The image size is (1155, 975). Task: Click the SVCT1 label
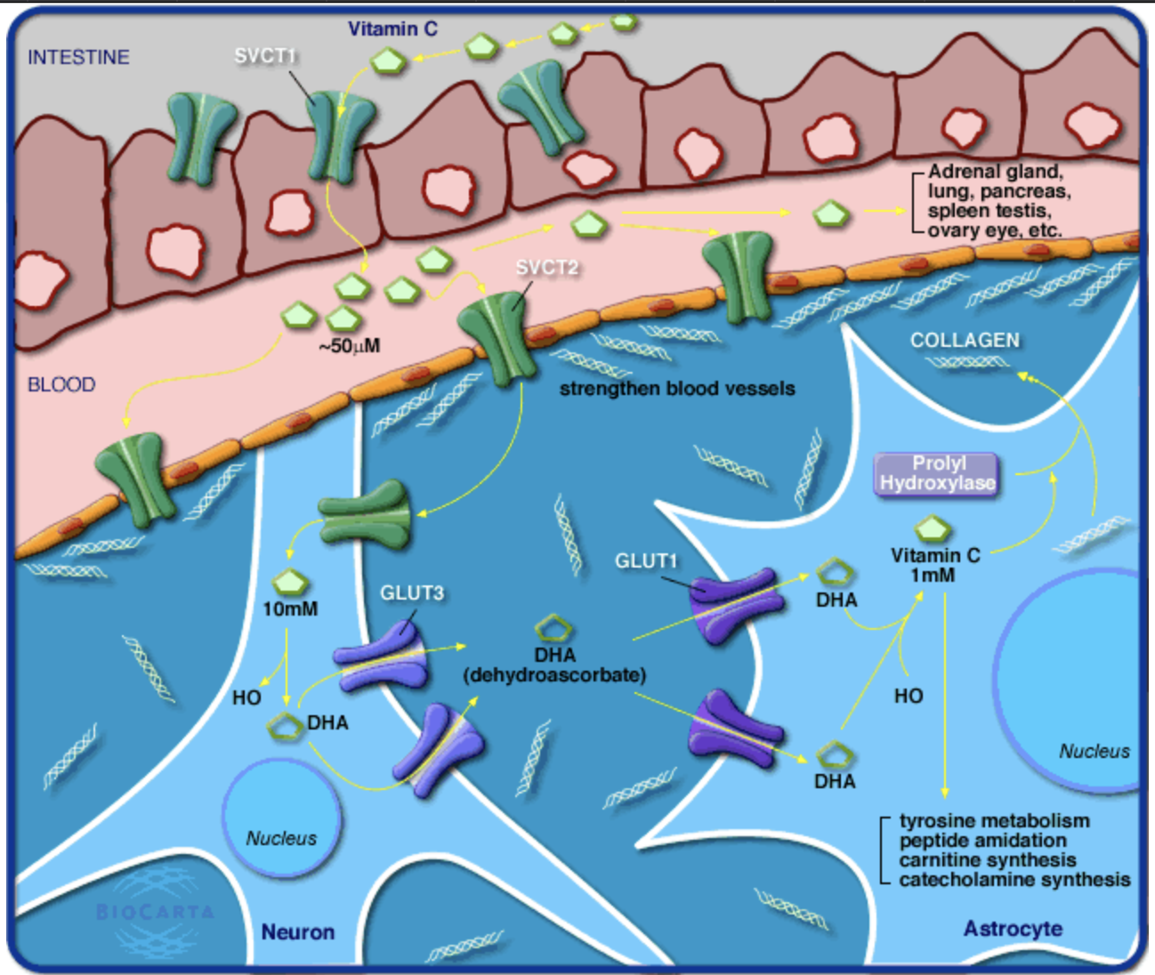click(264, 56)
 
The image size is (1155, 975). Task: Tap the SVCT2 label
click(546, 267)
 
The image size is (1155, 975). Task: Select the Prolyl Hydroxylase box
click(938, 473)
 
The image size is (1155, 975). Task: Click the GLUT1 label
click(646, 561)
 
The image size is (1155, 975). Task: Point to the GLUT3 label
click(411, 593)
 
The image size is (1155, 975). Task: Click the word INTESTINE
click(78, 58)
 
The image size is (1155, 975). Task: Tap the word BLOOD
click(61, 384)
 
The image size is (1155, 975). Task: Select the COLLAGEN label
click(965, 341)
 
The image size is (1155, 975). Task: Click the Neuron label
click(298, 931)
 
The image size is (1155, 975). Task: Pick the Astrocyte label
click(1013, 929)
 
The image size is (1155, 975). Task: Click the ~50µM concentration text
click(349, 346)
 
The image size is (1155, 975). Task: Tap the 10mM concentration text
click(290, 609)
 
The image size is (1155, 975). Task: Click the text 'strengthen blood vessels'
click(677, 389)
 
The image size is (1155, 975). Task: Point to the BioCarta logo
click(155, 912)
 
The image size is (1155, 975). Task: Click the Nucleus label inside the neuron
click(281, 838)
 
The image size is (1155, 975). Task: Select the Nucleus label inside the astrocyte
click(1094, 752)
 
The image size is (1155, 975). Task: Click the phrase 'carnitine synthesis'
click(987, 860)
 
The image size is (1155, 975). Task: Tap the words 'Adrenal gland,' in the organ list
click(995, 172)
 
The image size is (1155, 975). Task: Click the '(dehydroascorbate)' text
click(554, 675)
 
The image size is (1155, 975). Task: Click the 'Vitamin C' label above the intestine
click(392, 29)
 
